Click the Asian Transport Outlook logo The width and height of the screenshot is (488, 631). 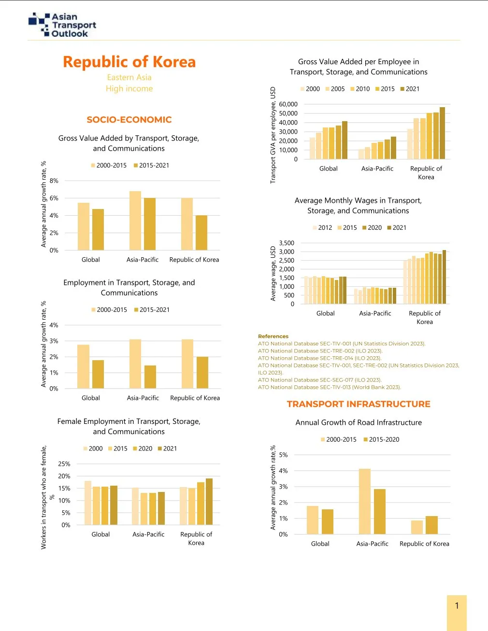coord(62,25)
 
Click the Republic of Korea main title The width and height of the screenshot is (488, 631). coord(129,62)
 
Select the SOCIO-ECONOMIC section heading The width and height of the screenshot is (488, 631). coord(129,120)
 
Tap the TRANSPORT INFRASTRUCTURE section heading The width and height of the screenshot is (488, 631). coord(358,404)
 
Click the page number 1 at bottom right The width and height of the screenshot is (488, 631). coord(457,606)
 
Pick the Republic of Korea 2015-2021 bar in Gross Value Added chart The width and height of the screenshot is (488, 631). coord(201,232)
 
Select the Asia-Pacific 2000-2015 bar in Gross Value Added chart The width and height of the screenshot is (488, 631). coord(135,220)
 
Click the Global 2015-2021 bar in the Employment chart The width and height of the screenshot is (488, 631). coord(98,374)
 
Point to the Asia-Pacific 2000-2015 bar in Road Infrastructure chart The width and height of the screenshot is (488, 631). coord(365,501)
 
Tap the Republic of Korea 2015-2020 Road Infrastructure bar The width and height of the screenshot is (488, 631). coord(431,525)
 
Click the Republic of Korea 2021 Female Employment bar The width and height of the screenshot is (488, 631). coord(209,501)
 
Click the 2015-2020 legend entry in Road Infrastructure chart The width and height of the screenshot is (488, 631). coord(381,439)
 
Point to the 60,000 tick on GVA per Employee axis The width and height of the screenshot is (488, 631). coord(288,104)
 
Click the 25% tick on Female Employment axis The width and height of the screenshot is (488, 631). coord(64,464)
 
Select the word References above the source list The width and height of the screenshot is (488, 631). coord(273,337)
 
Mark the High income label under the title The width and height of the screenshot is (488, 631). coord(129,89)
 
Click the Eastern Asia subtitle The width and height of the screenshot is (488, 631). coord(129,77)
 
